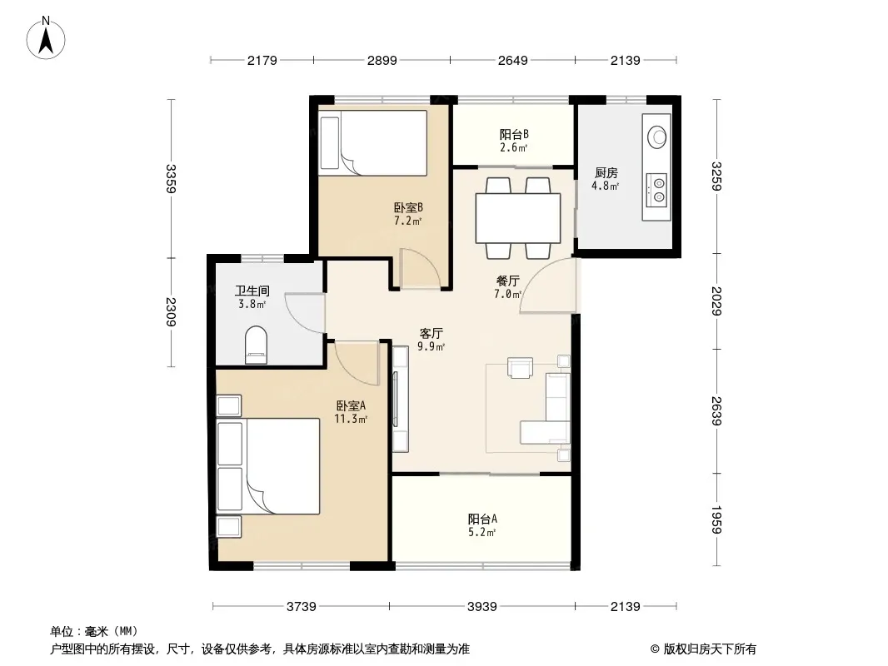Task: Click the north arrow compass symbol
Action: coord(46,38)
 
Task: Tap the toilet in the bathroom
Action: coord(256,345)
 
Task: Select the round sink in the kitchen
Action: coord(657,136)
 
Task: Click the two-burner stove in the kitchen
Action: coord(658,189)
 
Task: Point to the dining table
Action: coord(517,218)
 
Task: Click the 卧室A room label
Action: coord(351,405)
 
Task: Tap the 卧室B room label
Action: coord(408,207)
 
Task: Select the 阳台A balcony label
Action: coord(482,519)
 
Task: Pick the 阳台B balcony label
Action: coord(514,135)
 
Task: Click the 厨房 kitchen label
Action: coord(606,172)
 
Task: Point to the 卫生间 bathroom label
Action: coord(252,291)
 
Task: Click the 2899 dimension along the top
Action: coord(382,60)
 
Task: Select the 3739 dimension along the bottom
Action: coord(302,607)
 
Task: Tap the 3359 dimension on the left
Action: coord(172,179)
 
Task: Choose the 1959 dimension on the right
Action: coord(716,520)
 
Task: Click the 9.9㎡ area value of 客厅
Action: coord(431,346)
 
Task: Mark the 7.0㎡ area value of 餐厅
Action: coord(507,294)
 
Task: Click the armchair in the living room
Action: coord(520,367)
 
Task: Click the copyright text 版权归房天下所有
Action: coord(710,649)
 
